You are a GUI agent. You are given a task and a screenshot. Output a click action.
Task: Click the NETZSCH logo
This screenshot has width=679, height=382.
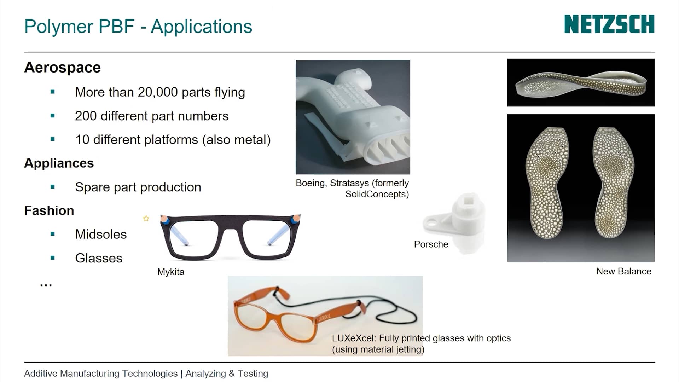609,24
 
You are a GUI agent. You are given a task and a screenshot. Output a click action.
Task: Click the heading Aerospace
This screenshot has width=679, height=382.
62,67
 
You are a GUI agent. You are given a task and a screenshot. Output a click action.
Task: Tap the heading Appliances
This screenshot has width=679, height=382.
59,163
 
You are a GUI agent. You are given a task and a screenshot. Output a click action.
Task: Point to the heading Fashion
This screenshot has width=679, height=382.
49,210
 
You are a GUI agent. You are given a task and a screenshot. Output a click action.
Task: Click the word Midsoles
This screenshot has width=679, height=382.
101,234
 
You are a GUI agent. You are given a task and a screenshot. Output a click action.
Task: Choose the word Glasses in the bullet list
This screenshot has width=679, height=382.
99,258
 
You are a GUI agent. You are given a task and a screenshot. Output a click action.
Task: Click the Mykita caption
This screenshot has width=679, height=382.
171,272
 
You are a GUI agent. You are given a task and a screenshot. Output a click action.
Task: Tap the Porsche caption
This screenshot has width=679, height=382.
431,244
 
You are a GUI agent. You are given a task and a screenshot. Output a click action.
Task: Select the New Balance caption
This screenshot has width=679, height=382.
623,271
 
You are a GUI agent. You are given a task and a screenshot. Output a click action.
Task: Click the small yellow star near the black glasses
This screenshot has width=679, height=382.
146,219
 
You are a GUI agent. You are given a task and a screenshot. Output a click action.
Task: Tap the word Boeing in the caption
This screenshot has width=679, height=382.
310,183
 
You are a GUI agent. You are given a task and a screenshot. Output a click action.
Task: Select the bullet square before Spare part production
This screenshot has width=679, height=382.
53,187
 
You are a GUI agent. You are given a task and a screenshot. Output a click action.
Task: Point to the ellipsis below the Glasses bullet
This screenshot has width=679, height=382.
46,285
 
